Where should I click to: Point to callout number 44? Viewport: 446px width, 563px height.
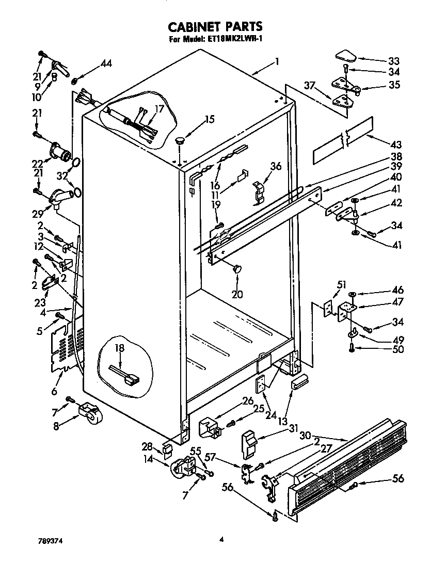(x=105, y=63)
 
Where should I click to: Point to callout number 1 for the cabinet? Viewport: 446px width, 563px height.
(x=277, y=62)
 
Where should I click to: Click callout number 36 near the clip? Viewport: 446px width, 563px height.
(x=276, y=166)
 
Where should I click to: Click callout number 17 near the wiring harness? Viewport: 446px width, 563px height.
(x=159, y=109)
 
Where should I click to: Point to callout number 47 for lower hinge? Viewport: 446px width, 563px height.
(x=397, y=301)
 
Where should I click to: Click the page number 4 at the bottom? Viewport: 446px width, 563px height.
(x=221, y=540)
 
